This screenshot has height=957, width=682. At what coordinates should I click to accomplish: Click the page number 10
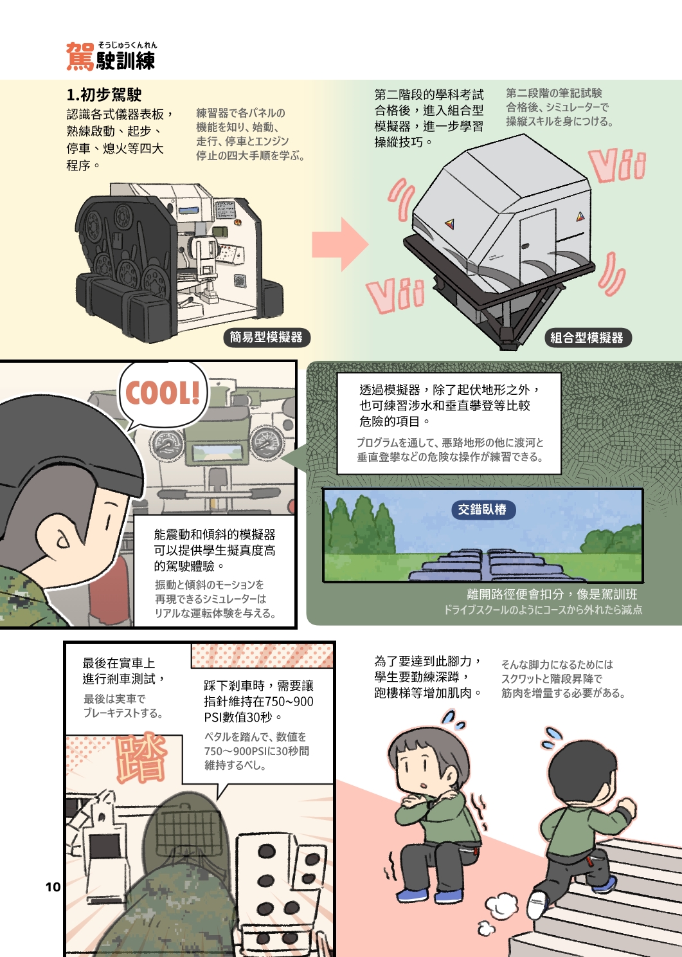[53, 887]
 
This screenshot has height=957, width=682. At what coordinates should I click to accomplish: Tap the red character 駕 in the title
[80, 57]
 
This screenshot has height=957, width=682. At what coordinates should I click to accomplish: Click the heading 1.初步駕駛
[104, 95]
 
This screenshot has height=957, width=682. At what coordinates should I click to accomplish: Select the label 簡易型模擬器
[266, 338]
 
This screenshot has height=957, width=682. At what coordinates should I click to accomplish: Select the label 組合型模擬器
[586, 338]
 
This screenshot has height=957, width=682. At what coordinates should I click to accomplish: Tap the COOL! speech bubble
[163, 393]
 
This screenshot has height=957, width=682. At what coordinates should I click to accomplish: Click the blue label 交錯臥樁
[482, 510]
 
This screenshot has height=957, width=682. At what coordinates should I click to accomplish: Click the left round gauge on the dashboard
[167, 444]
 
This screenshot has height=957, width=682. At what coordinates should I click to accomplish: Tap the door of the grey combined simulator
[537, 241]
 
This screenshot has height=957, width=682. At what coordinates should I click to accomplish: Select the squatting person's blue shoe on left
[411, 895]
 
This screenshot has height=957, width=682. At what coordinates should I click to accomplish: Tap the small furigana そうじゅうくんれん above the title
[127, 45]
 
